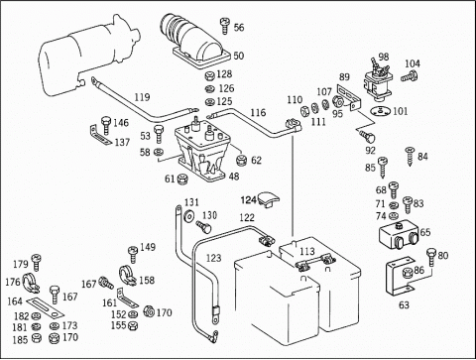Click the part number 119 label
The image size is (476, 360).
(142, 97)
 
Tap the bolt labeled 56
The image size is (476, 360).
(224, 26)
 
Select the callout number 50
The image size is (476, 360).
(239, 56)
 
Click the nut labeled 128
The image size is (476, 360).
(209, 75)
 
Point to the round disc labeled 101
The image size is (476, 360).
(381, 111)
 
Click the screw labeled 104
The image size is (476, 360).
(410, 76)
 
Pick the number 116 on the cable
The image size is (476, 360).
(258, 113)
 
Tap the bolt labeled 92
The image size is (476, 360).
(367, 136)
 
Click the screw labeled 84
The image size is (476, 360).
(411, 155)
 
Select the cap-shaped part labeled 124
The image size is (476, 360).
(268, 199)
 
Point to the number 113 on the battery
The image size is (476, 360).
(307, 251)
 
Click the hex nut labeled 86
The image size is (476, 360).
(408, 274)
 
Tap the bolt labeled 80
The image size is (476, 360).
(432, 257)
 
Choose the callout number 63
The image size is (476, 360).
(404, 304)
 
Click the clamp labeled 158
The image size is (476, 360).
(127, 276)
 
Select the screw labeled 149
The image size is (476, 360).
(133, 254)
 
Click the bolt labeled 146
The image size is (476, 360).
(106, 125)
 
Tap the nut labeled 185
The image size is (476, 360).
(36, 338)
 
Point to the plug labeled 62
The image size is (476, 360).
(242, 161)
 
